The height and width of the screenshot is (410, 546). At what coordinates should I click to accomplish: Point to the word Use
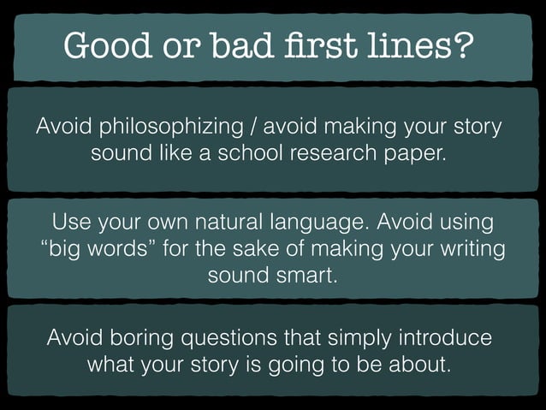72,223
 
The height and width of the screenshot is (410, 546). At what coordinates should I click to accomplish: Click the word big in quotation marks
66,251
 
